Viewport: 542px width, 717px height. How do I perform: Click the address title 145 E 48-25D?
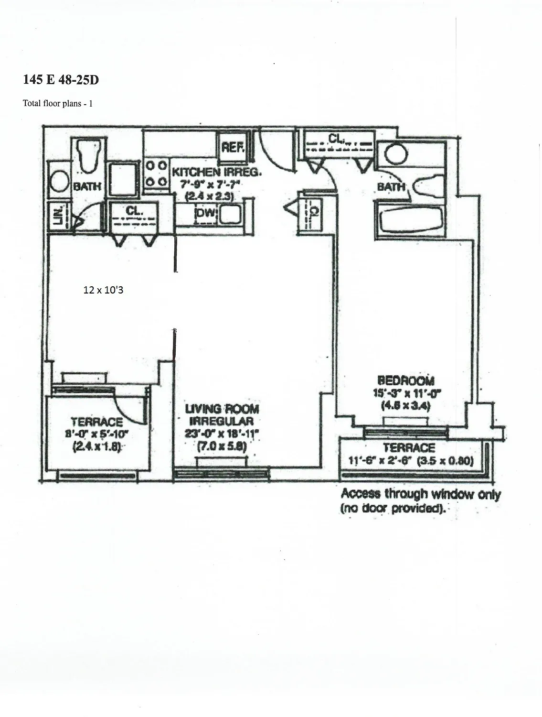coord(61,80)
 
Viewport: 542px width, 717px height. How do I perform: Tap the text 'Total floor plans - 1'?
coord(58,103)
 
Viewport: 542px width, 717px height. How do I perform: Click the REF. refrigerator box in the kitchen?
coord(232,147)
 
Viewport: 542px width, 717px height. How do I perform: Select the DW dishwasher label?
coord(206,213)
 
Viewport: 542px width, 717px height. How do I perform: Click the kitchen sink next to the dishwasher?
coord(231,215)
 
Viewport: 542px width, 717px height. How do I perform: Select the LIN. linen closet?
coord(57,217)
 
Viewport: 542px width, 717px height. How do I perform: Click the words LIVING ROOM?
coord(222,409)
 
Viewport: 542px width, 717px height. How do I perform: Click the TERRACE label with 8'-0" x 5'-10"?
coord(96,422)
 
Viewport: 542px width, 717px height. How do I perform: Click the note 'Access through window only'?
coord(421,494)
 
